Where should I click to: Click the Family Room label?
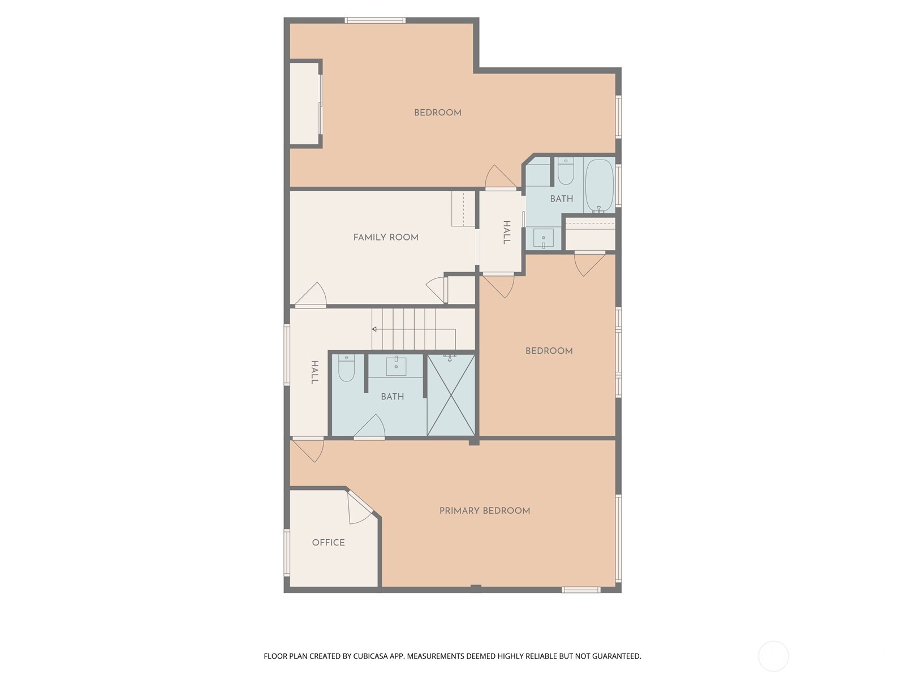[x=386, y=237]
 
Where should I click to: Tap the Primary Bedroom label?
[x=484, y=510]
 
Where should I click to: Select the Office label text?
[x=328, y=542]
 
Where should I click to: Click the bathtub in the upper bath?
[x=599, y=185]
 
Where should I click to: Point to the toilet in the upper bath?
[x=565, y=170]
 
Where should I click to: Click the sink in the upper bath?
[x=544, y=238]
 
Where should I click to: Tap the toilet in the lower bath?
[x=346, y=368]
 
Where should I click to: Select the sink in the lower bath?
[x=396, y=366]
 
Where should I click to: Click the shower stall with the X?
[x=451, y=395]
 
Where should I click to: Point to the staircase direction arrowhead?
[x=374, y=329]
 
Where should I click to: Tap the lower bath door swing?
[x=370, y=426]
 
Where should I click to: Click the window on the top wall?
[x=375, y=20]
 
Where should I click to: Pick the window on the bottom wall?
[x=581, y=590]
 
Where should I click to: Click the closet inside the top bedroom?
[x=305, y=104]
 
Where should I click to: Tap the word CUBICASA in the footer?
[x=370, y=656]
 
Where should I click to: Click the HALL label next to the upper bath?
[x=507, y=232]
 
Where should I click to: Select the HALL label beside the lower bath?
[x=314, y=372]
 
